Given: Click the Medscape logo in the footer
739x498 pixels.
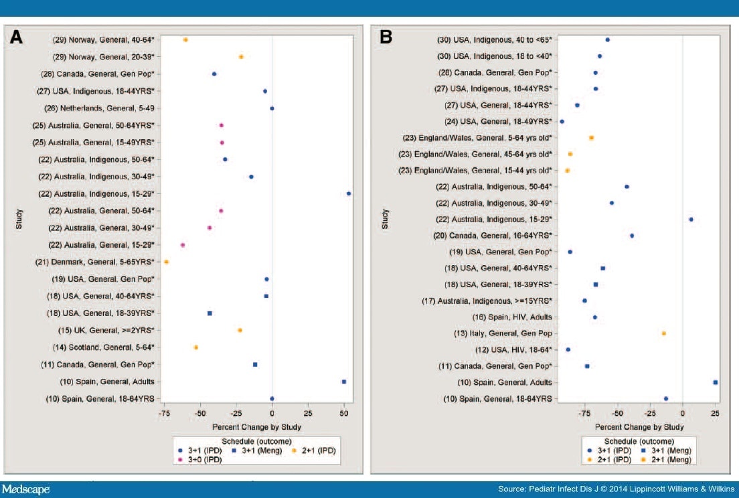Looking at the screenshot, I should click(26, 489).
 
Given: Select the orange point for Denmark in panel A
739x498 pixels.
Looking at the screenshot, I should click(167, 262).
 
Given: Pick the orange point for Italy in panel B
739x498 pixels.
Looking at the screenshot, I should click(663, 333).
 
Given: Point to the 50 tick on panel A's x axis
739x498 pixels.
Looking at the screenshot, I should click(344, 414).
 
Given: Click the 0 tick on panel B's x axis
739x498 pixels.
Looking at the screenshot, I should click(682, 414).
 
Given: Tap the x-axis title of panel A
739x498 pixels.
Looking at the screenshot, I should click(256, 426).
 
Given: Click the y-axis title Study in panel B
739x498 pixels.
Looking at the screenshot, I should click(385, 220).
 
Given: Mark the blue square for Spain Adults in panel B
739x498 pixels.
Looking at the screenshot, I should click(716, 382).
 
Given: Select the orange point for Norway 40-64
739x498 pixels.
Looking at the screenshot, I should click(185, 40).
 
